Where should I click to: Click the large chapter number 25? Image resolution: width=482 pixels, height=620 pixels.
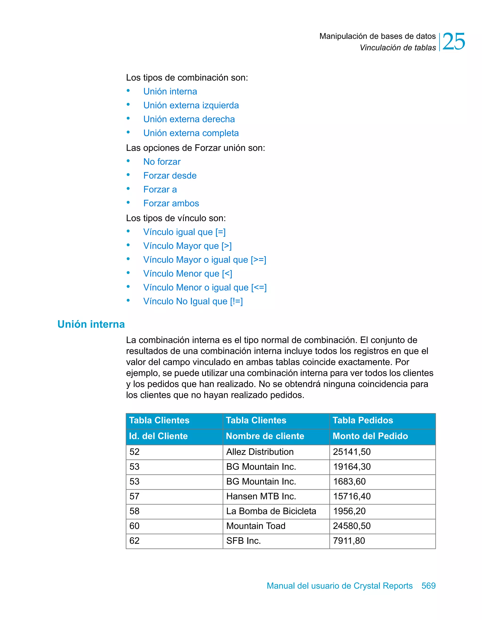(453, 42)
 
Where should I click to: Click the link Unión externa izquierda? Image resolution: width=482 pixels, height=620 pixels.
(191, 105)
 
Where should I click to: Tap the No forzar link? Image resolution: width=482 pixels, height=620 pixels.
(162, 161)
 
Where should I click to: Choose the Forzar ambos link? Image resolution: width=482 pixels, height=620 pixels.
(171, 203)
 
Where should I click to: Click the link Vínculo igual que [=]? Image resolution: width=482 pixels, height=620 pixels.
(184, 232)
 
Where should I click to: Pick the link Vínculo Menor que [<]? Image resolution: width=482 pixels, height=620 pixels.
(187, 274)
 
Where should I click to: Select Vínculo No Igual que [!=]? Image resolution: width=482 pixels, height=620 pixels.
(193, 301)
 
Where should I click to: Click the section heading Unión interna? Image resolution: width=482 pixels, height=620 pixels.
(91, 324)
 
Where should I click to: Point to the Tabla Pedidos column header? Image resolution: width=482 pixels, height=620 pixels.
(362, 420)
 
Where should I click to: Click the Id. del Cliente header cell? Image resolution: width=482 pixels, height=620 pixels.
(158, 436)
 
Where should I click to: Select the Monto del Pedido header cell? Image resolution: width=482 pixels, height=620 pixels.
(370, 436)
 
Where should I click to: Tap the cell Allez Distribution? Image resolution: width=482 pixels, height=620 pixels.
(260, 452)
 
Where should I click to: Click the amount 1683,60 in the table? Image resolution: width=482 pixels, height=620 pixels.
(349, 481)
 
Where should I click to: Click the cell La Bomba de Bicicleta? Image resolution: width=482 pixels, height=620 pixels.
(271, 511)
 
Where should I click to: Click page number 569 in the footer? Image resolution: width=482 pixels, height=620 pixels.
(428, 586)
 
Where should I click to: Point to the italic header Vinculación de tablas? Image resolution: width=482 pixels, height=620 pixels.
(398, 48)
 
